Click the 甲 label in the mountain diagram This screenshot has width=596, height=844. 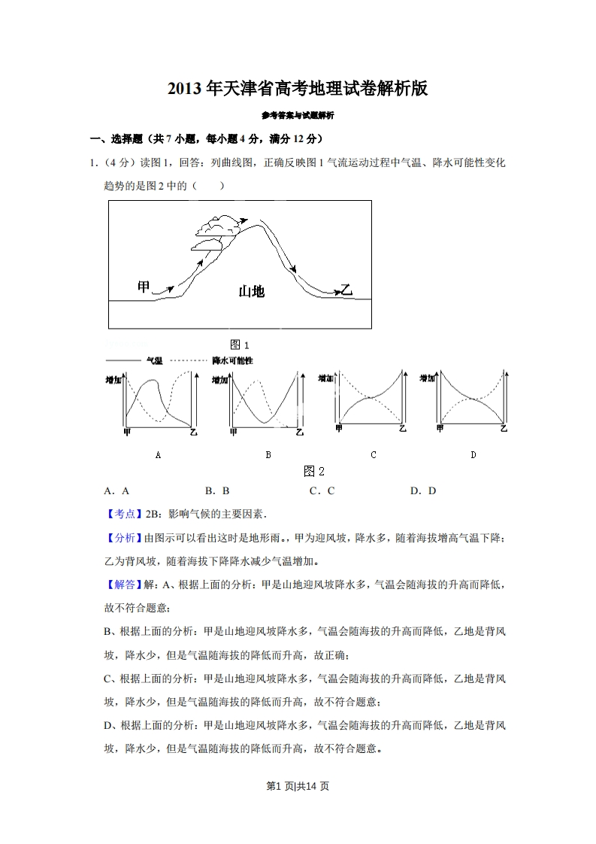(x=144, y=287)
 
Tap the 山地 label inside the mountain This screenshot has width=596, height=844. (x=251, y=291)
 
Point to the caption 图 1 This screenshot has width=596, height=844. (x=240, y=345)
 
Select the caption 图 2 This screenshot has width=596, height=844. (x=313, y=472)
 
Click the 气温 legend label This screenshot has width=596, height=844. (x=154, y=361)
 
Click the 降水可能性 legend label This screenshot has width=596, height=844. (x=232, y=361)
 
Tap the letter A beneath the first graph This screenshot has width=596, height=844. (x=158, y=455)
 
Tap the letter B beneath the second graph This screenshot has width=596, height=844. (x=268, y=455)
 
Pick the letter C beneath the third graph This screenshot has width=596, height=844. (x=374, y=455)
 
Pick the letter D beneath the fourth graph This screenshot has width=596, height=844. (x=473, y=455)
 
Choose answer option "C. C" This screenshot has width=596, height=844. (x=322, y=491)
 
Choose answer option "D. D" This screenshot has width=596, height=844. (x=423, y=491)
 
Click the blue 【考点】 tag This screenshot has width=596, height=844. (x=123, y=515)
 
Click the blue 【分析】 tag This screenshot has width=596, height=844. (x=123, y=538)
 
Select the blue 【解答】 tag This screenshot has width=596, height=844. (x=123, y=584)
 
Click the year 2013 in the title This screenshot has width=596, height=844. (x=186, y=89)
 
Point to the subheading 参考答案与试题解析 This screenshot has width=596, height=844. (x=298, y=116)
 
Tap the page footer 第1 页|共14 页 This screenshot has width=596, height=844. (x=298, y=786)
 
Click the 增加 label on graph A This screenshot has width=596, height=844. (x=113, y=381)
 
